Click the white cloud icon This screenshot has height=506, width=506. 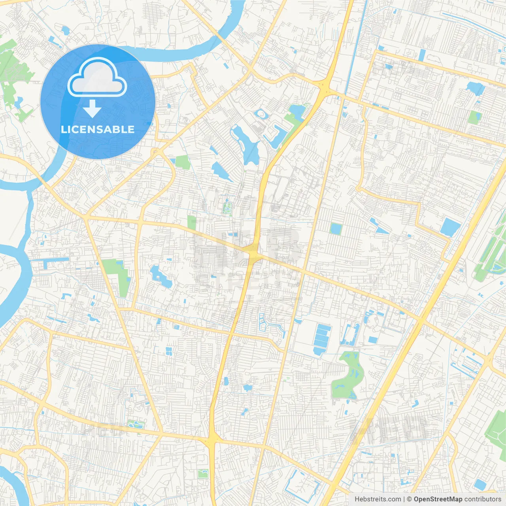click(97, 77)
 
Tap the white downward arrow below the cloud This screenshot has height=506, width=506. click(92, 109)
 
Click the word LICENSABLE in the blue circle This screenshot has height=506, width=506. click(98, 129)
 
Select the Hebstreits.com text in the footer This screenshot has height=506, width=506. click(378, 499)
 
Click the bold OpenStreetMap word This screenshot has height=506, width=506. click(438, 499)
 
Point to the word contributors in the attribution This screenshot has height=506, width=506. click(483, 499)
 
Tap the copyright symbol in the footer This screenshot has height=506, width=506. click(410, 499)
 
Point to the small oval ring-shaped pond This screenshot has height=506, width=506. click(261, 114)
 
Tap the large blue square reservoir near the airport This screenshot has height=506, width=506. click(450, 227)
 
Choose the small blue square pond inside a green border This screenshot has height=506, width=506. click(336, 228)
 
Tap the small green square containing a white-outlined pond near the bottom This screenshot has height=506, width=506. click(203, 473)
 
